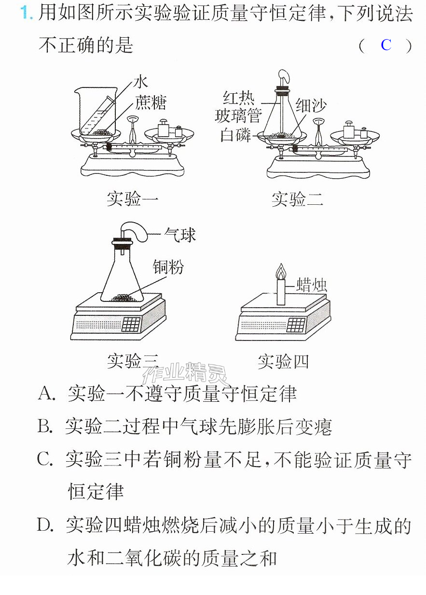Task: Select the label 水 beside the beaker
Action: tap(141, 82)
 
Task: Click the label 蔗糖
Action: tap(151, 102)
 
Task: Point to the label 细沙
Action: tap(311, 105)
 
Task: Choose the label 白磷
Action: tap(236, 135)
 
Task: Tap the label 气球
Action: tap(180, 235)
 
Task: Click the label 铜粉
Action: tap(168, 267)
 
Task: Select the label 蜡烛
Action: tap(311, 285)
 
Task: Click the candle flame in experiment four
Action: tap(281, 271)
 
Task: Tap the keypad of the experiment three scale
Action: tap(131, 325)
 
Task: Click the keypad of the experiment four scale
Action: tap(296, 325)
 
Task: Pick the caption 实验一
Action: tap(133, 198)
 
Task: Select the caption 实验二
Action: tap(298, 199)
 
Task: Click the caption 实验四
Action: tap(283, 362)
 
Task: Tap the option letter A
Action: tap(46, 394)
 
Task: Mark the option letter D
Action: tap(45, 525)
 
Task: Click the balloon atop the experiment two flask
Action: tap(285, 76)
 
